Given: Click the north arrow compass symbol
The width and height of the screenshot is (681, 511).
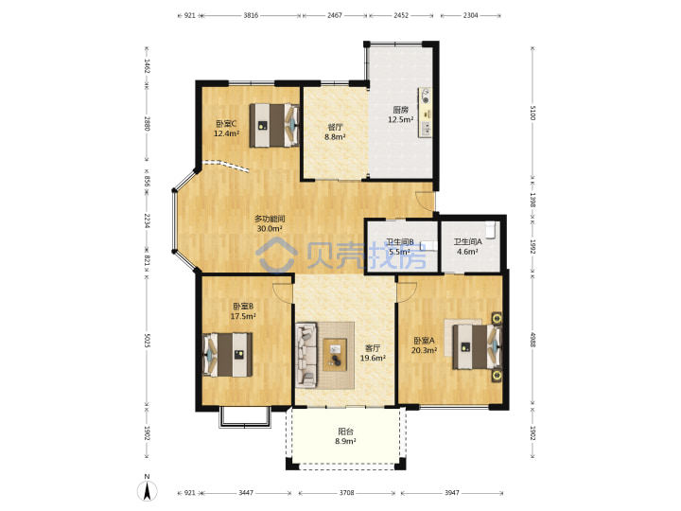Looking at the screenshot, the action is (147, 490).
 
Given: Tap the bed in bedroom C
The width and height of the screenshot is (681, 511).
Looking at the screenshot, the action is (274, 125).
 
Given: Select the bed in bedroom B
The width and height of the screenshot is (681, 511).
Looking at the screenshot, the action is (228, 355).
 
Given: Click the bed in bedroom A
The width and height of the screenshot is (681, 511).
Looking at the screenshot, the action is (477, 347).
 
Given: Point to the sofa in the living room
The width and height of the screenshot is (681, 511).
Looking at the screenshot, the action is (306, 355).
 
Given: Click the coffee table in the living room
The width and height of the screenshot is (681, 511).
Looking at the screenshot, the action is (335, 355).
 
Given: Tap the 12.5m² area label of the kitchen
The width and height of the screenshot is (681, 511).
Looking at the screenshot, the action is (400, 119).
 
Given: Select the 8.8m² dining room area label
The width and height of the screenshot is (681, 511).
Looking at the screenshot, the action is (335, 137).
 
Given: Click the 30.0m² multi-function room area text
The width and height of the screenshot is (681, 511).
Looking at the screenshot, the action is (270, 229).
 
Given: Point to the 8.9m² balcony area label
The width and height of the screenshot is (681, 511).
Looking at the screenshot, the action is (345, 442).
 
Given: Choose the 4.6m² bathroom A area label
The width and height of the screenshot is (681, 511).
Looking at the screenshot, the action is (467, 252).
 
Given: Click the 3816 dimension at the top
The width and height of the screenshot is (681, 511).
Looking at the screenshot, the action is (251, 15).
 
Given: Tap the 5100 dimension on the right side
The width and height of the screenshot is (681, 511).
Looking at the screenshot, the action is (533, 113).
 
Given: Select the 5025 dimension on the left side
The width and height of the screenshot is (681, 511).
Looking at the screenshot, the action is (147, 341).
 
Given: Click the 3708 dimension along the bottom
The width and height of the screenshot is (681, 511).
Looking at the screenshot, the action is (346, 493).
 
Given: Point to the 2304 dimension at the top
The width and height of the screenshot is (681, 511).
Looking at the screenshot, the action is (470, 15).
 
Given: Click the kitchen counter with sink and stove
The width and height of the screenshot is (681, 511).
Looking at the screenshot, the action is (426, 113).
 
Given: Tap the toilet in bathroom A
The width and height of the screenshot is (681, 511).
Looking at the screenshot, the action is (491, 230).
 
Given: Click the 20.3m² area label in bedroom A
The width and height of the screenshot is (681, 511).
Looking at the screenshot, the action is (424, 350).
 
